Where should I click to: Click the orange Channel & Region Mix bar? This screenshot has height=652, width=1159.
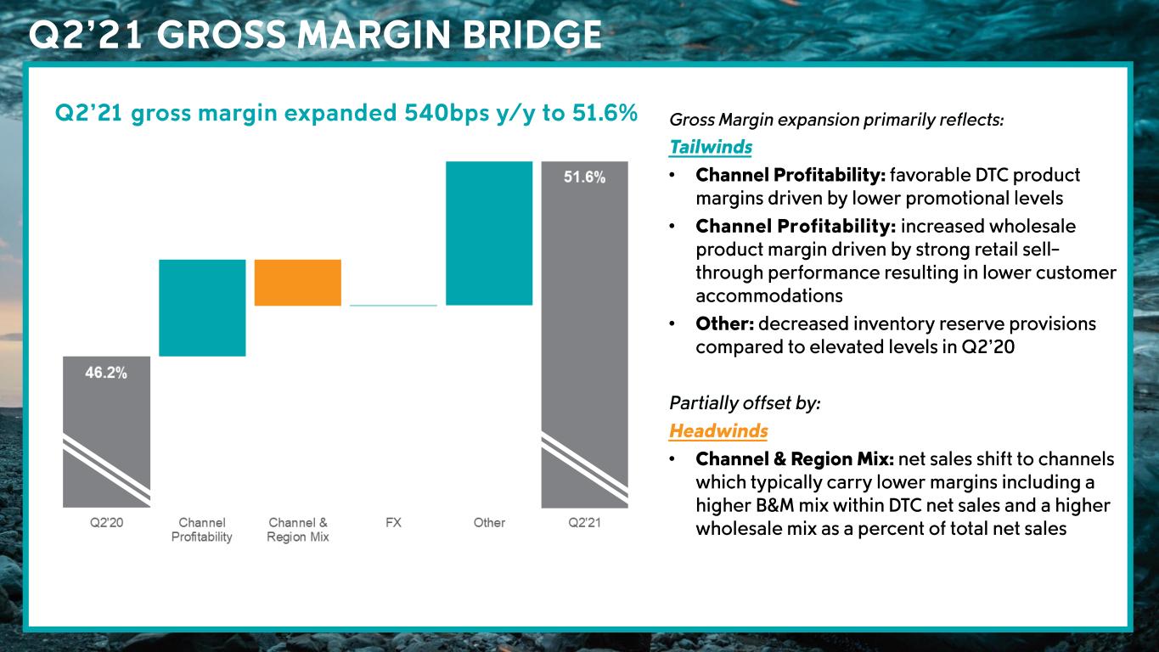pyautogui.click(x=298, y=282)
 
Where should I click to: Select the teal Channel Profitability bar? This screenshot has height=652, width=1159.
pyautogui.click(x=202, y=307)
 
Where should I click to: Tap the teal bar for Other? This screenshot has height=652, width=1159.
pyautogui.click(x=489, y=233)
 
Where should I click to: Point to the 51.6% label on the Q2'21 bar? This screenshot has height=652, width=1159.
pyautogui.click(x=584, y=178)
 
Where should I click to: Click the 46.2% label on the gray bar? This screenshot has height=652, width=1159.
pyautogui.click(x=106, y=373)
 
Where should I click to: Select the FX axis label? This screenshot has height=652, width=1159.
pyautogui.click(x=393, y=523)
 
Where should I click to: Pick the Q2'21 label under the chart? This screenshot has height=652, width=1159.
pyautogui.click(x=584, y=523)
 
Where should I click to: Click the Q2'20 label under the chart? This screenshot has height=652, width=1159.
pyautogui.click(x=107, y=523)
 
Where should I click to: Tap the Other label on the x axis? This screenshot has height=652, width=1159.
pyautogui.click(x=489, y=523)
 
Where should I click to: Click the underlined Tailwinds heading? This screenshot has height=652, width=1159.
pyautogui.click(x=710, y=147)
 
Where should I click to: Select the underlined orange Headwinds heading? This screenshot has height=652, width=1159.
pyautogui.click(x=717, y=430)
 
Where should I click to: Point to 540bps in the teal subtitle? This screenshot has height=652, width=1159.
pyautogui.click(x=432, y=113)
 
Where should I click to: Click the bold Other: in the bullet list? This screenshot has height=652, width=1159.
pyautogui.click(x=724, y=324)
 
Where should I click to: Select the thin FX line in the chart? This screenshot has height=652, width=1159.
pyautogui.click(x=393, y=305)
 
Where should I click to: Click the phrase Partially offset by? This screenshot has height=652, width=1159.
pyautogui.click(x=745, y=402)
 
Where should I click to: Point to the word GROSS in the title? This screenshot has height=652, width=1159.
pyautogui.click(x=222, y=35)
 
